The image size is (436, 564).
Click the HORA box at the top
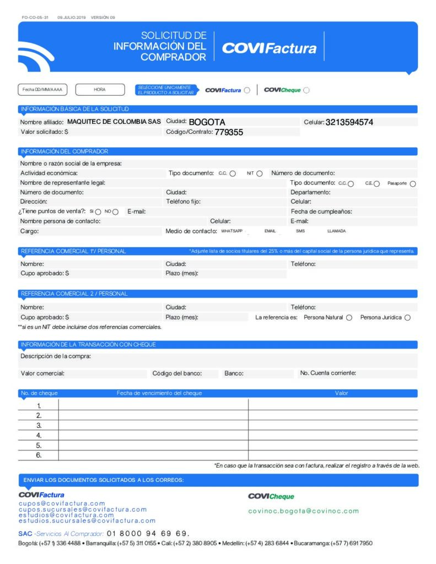[x=100, y=89]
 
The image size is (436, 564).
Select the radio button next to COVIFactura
[x=247, y=90]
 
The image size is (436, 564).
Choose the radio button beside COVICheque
[x=306, y=90]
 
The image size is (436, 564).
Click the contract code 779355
[x=229, y=132]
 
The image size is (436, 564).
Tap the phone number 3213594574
[x=349, y=122]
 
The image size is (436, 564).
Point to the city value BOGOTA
[x=207, y=122]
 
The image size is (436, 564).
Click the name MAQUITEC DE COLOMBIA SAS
[x=114, y=122]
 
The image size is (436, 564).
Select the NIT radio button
[x=259, y=173]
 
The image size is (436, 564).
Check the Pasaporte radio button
[x=413, y=183]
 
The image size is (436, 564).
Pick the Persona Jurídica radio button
[x=407, y=318]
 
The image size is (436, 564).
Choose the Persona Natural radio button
[x=349, y=318]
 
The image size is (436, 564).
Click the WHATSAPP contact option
[x=232, y=231]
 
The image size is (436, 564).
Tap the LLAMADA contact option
[x=336, y=231]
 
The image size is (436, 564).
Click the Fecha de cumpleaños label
[x=321, y=211]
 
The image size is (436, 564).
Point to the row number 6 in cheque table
[x=39, y=455]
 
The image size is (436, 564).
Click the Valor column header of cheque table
[x=341, y=393]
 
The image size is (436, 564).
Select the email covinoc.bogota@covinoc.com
[x=303, y=511]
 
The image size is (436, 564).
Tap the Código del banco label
[x=177, y=373]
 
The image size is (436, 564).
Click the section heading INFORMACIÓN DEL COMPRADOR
[x=64, y=151]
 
